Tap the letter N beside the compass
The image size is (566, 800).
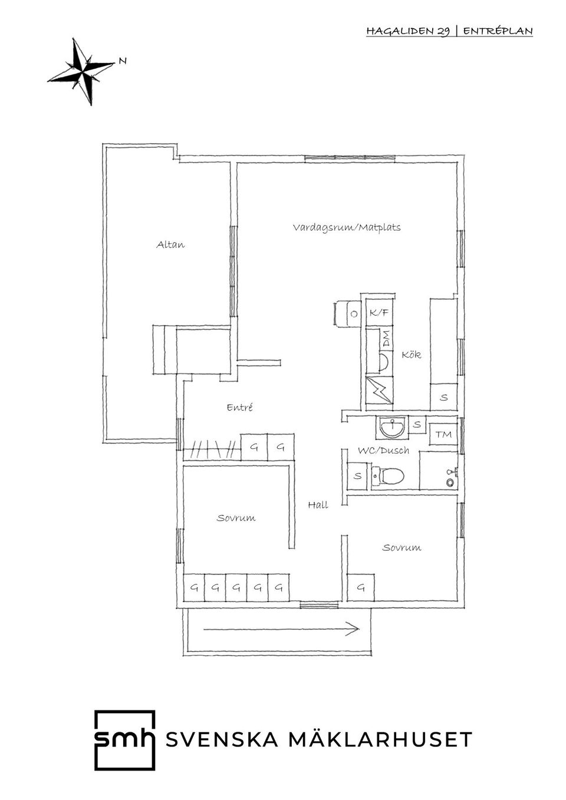123,61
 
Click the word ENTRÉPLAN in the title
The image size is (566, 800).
498,31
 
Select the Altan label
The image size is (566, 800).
170,244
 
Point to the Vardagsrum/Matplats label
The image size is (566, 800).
347,227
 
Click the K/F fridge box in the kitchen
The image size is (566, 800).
379,313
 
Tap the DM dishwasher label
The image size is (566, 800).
386,339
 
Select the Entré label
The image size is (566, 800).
240,408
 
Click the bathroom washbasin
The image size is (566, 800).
391,427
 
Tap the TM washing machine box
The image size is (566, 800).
443,434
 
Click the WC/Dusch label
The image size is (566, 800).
383,451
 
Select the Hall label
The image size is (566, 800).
318,505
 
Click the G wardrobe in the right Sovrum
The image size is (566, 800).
361,587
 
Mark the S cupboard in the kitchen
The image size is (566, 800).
443,397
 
